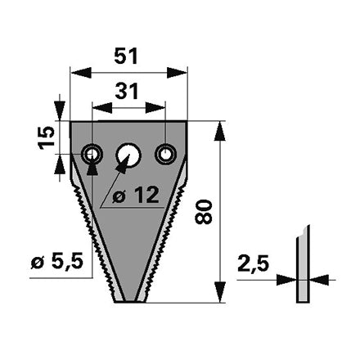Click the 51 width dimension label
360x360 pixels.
click(126, 56)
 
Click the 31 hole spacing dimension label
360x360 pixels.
click(127, 92)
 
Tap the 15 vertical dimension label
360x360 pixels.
click(46, 137)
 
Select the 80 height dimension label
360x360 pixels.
click(204, 212)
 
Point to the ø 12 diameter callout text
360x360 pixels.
click(136, 195)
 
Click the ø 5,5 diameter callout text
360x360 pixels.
click(56, 262)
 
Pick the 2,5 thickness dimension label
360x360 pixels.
click(254, 263)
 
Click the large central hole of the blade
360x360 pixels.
click(128, 155)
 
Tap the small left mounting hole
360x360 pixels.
click(92, 155)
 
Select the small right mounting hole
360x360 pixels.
click(165, 155)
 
